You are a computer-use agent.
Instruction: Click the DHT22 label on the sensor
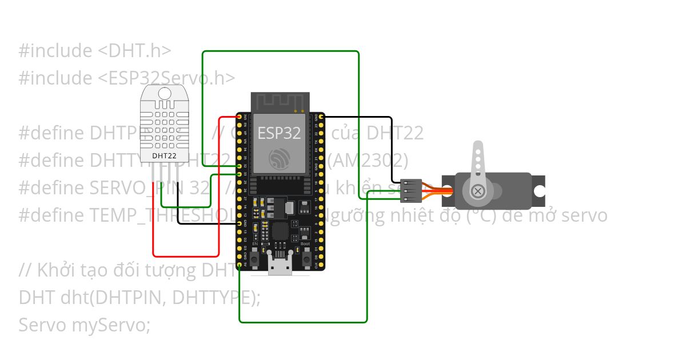163,155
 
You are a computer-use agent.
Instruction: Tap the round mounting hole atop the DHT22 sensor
164,93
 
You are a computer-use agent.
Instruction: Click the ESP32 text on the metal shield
279,133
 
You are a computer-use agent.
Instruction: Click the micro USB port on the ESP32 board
280,266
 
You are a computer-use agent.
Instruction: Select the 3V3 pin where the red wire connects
240,117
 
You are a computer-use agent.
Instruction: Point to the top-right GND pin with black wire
321,117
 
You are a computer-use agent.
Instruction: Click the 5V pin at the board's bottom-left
240,266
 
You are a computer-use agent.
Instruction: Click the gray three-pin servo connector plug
412,191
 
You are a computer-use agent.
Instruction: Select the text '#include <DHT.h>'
95,51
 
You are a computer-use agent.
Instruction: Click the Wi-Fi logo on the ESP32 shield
280,158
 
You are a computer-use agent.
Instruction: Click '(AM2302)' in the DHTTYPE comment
368,161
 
